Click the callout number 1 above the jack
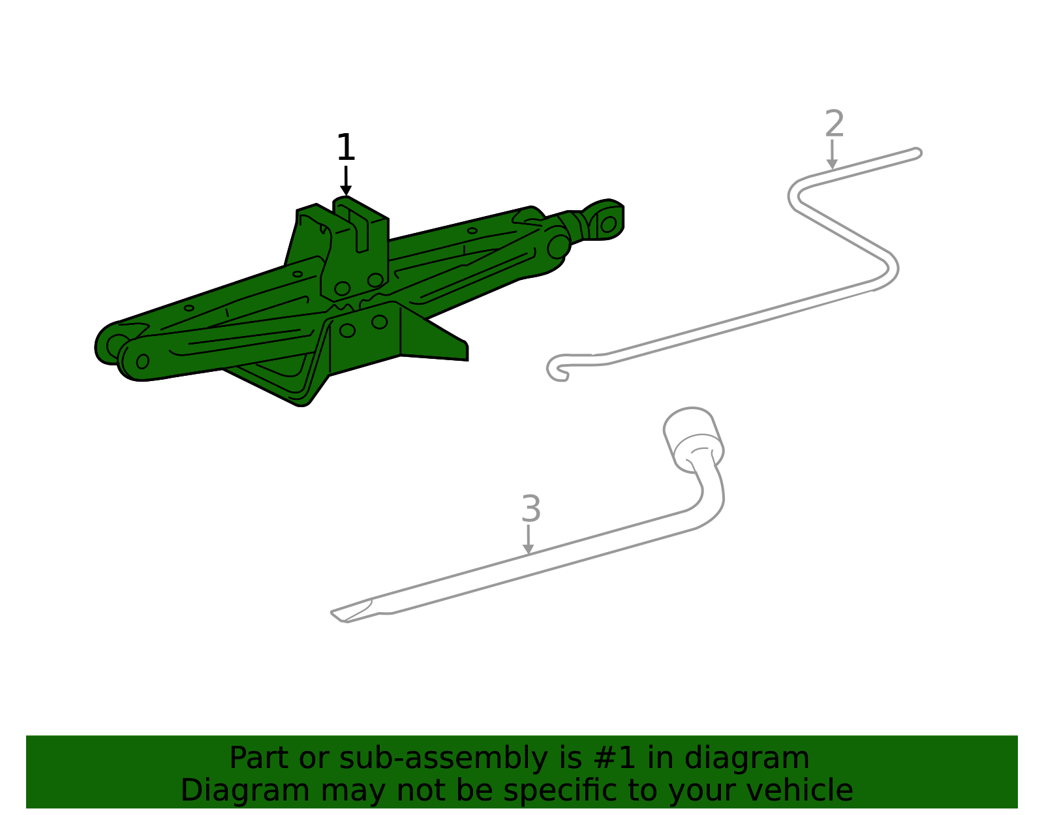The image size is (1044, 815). tap(346, 147)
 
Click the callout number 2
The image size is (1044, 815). tap(835, 123)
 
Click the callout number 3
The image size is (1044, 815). tap(531, 508)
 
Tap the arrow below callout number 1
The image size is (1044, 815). tap(346, 181)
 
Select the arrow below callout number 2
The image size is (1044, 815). tap(832, 154)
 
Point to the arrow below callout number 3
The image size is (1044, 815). tap(529, 540)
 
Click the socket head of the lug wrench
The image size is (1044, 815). tap(693, 439)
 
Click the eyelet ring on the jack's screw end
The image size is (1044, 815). tap(608, 224)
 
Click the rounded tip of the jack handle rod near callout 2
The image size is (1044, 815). tap(917, 153)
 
